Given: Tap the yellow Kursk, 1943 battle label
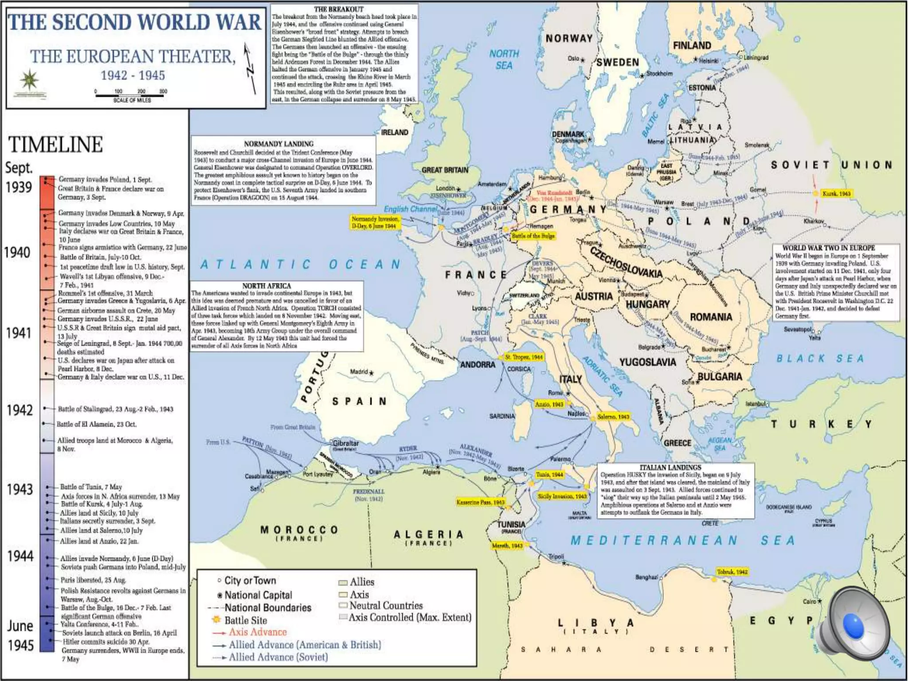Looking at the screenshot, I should tap(836, 194).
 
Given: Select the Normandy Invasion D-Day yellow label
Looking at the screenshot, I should tap(375, 223).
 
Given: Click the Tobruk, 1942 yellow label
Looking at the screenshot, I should tap(732, 572).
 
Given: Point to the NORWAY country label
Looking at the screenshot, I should tap(569, 39).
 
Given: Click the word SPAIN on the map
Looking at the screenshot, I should tap(360, 402).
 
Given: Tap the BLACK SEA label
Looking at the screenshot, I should tap(820, 358).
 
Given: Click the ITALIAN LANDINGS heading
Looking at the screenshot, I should tap(670, 467).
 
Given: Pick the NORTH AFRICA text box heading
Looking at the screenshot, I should tap(266, 286).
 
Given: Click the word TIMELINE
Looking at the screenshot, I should tap(55, 145).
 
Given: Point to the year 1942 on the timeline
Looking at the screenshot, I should tap(20, 410).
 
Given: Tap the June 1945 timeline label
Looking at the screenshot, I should tap(20, 635).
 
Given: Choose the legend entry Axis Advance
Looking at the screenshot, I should tap(257, 632).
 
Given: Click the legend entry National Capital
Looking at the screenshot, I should tap(258, 595).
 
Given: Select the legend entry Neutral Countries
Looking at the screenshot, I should tap(386, 606).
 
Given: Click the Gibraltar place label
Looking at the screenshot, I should tap(345, 443).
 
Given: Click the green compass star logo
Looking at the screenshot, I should tap(29, 80).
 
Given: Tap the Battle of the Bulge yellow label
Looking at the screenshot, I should tap(533, 236).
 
